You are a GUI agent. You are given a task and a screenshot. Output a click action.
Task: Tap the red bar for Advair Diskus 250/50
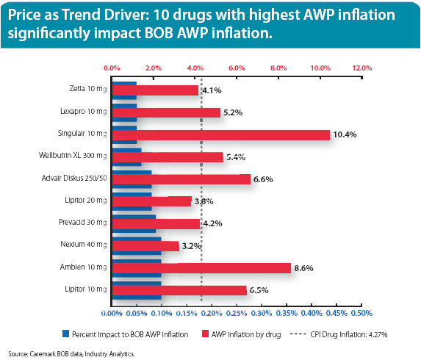point(180,179)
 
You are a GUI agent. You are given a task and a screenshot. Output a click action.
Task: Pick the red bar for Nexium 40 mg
point(144,246)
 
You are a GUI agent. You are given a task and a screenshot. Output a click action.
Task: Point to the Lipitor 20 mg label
point(84,201)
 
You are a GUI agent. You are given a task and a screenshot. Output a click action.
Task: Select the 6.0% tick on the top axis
point(237,67)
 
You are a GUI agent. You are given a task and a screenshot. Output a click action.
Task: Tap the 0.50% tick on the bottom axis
point(361,313)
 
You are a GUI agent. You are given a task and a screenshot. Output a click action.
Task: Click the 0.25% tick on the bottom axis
point(236,313)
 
